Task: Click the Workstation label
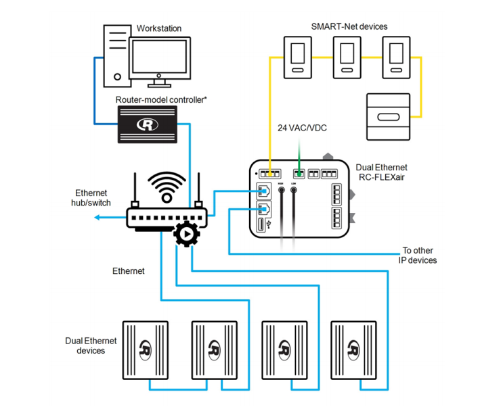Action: [x=158, y=28]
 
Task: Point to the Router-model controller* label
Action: [x=161, y=99]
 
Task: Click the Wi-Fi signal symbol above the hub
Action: [x=166, y=184]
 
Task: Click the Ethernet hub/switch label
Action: [x=91, y=197]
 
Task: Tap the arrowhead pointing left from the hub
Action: [x=97, y=217]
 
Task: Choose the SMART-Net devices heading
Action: [x=349, y=26]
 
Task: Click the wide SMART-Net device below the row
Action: [x=387, y=117]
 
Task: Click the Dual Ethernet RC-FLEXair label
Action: [x=383, y=172]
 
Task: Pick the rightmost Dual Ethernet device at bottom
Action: [x=353, y=350]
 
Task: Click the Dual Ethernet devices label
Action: [x=91, y=345]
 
